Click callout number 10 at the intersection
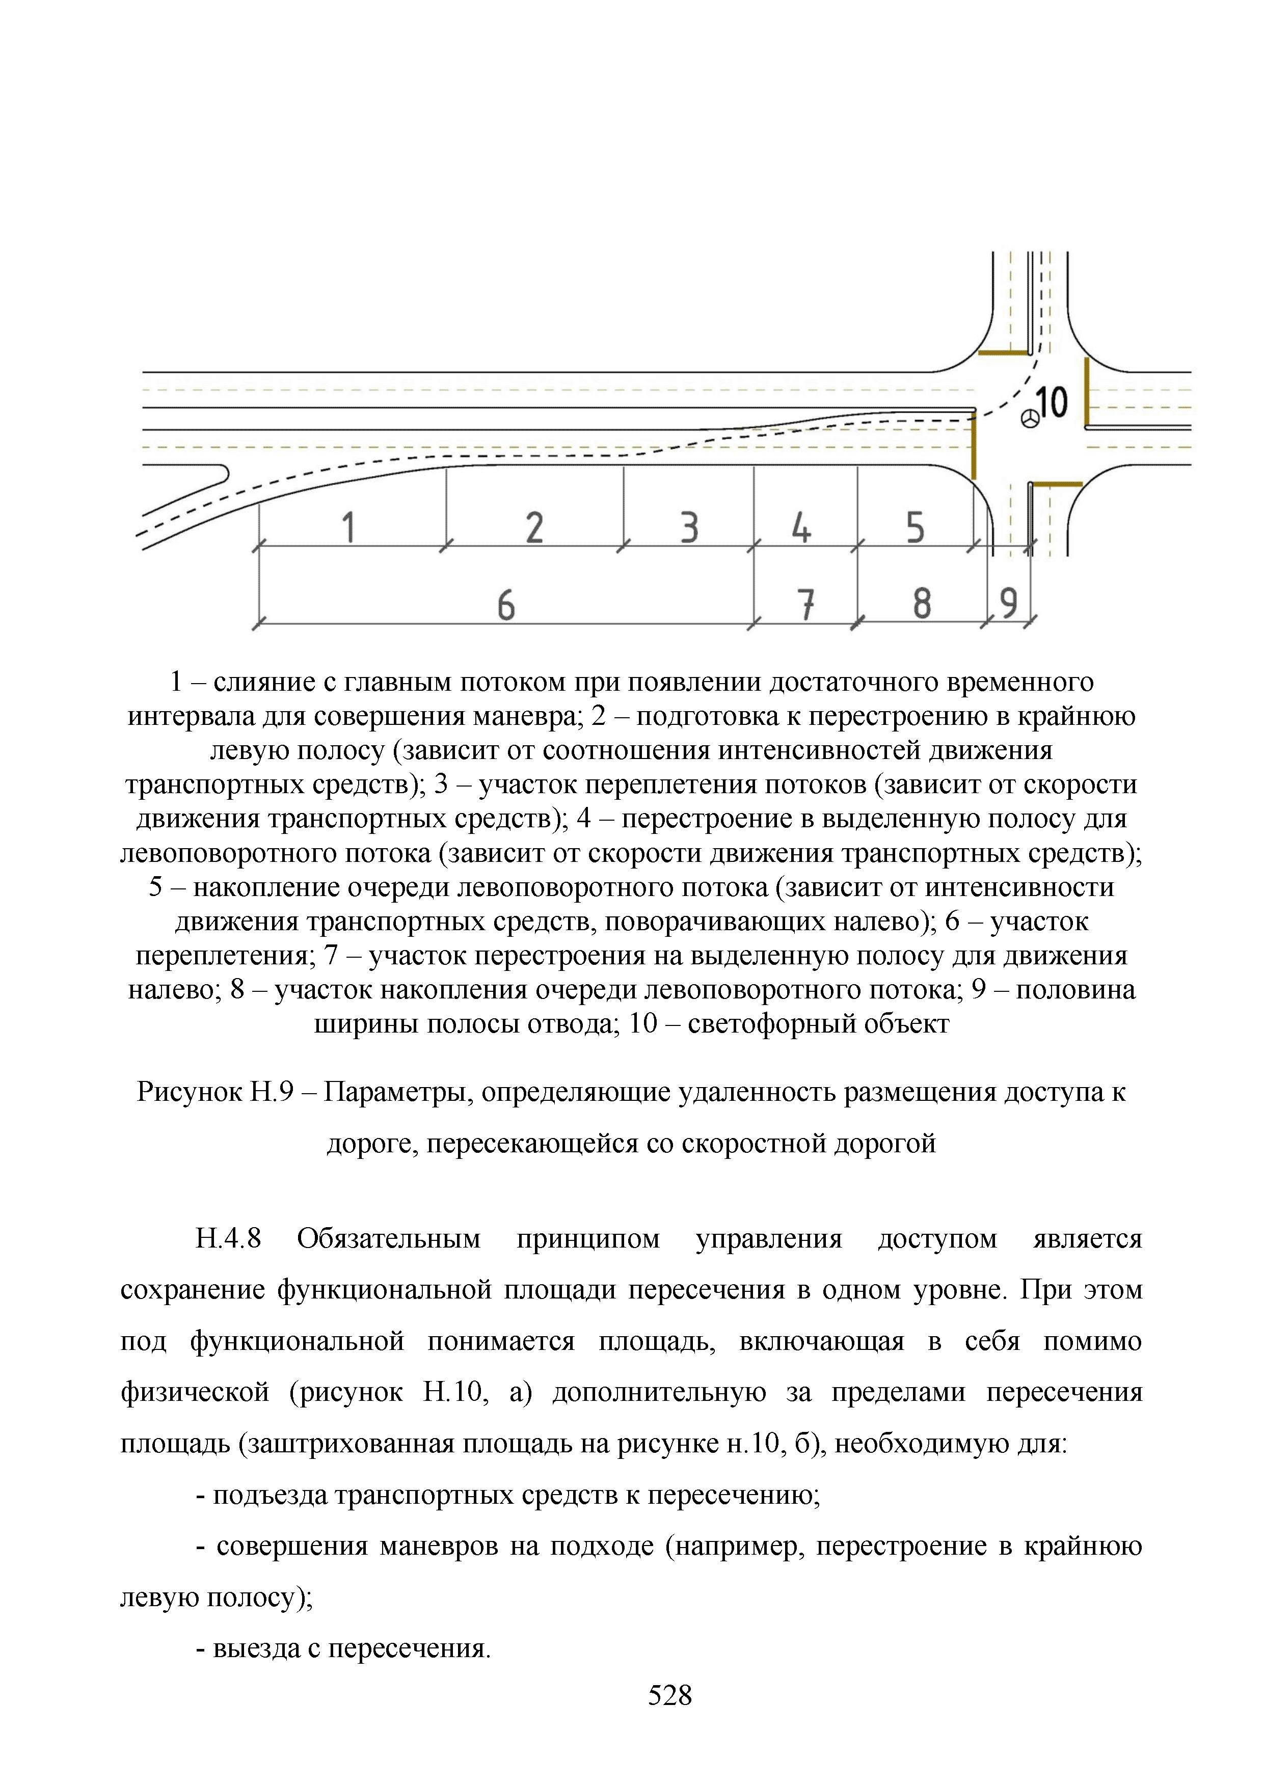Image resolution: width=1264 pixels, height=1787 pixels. point(1052,402)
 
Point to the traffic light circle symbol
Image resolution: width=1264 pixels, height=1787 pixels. point(1031,420)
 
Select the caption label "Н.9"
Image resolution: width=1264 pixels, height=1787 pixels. point(272,1092)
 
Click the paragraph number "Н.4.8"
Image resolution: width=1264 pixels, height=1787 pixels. point(228,1238)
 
